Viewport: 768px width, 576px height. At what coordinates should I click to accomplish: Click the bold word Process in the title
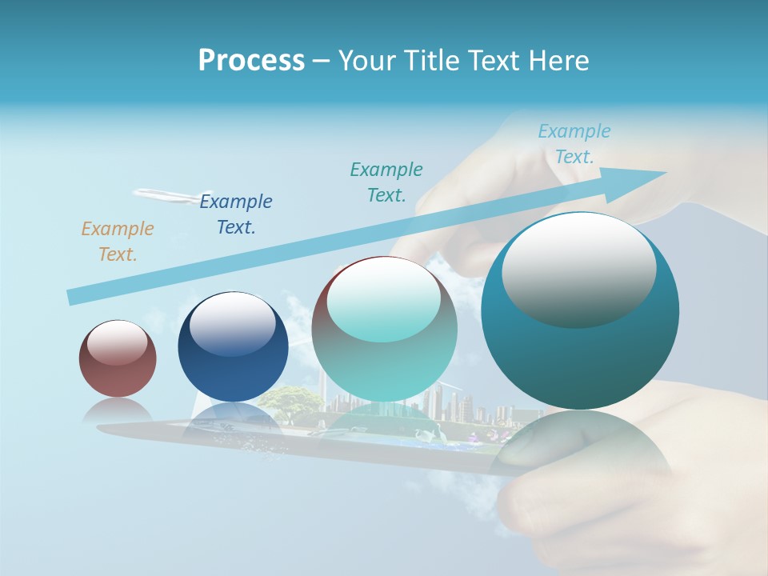[251, 61]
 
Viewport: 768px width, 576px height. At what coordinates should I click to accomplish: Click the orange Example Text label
[118, 241]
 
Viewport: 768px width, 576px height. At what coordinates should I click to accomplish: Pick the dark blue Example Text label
[236, 214]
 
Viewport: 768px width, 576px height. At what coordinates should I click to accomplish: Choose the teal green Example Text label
[386, 182]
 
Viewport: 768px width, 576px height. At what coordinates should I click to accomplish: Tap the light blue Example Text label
[574, 144]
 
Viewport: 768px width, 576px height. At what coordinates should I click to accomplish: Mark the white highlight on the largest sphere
[578, 268]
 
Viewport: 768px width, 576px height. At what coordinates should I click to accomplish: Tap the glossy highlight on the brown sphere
[118, 342]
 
